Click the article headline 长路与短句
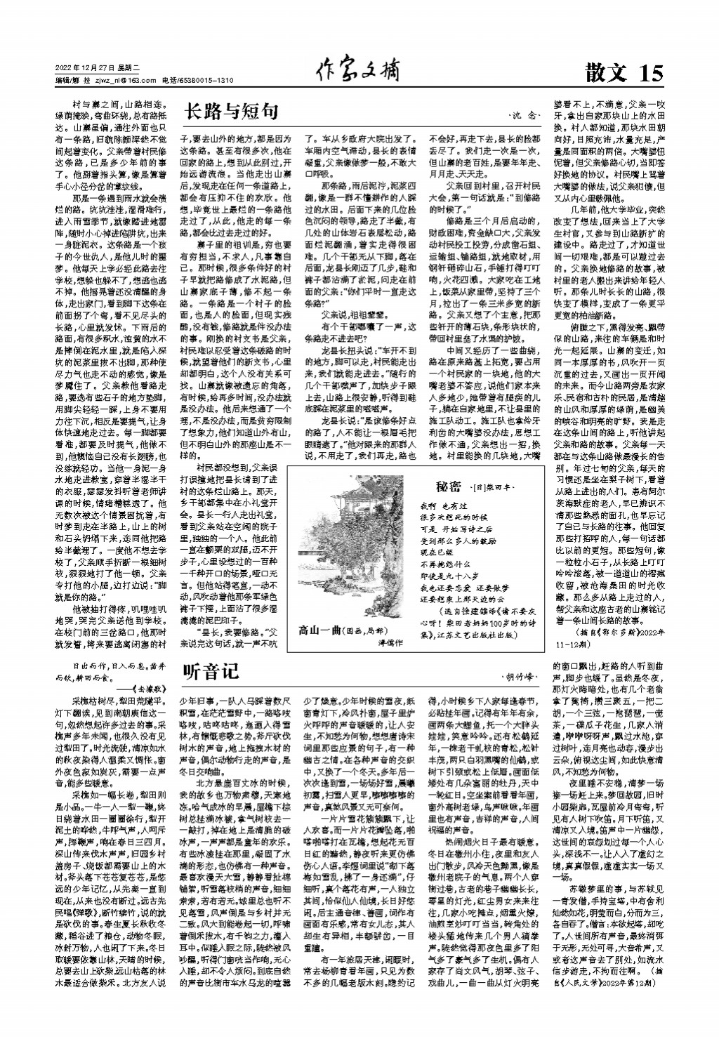pyautogui.click(x=231, y=111)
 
